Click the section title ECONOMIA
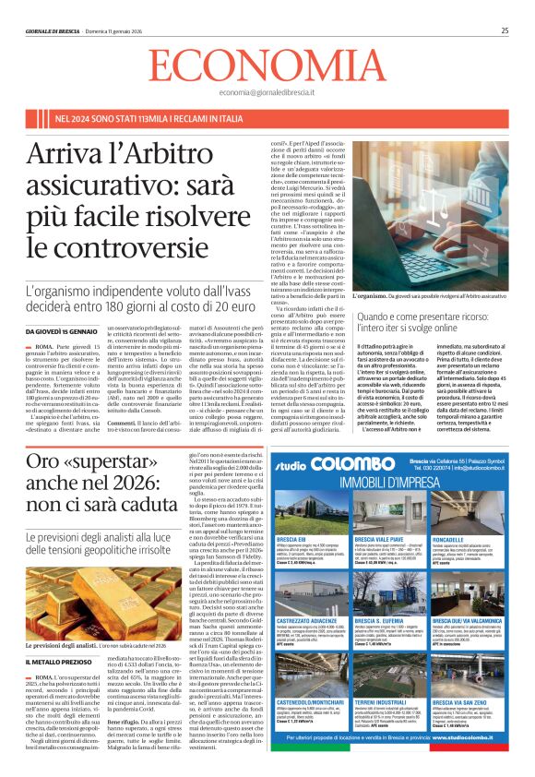267,66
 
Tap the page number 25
505,30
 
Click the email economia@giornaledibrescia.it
267,93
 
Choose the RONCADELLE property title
462,539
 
